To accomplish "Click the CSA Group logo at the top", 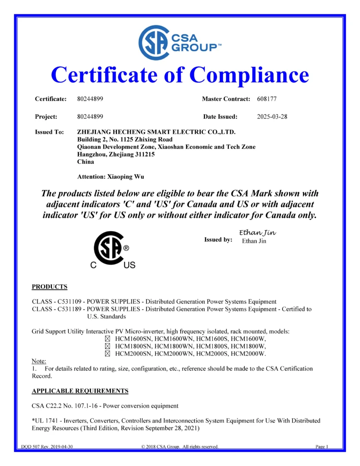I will (x=180, y=43).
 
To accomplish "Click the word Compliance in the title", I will (x=249, y=75).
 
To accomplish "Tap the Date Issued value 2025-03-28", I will (x=272, y=117).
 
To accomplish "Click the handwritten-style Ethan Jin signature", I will (x=257, y=233).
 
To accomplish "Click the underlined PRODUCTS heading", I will (x=50, y=287).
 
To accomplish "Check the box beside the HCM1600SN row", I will (x=108, y=339).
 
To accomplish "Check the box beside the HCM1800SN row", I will (x=108, y=346).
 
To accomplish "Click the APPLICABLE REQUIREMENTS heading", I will (x=80, y=391).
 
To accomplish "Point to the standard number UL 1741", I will (x=46, y=420).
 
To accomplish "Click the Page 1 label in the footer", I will (x=322, y=446).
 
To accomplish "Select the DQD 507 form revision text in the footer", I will (x=47, y=446).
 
